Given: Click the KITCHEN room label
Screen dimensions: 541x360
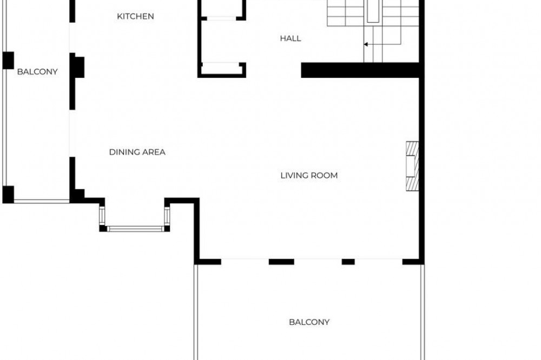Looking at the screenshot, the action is click(135, 16).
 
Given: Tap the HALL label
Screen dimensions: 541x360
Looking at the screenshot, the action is click(291, 38).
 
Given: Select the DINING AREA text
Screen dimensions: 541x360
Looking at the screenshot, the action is click(137, 152).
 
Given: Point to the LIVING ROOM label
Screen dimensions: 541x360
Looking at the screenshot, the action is click(309, 176).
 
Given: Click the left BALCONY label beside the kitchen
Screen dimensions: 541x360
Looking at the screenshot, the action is click(37, 72).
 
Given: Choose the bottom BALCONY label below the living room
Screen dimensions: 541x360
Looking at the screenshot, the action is click(309, 322).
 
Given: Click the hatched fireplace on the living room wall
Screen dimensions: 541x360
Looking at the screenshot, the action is click(412, 166).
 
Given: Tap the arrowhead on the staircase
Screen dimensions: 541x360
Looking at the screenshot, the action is click(365, 44).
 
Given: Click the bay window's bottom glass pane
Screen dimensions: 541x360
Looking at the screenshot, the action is click(135, 229).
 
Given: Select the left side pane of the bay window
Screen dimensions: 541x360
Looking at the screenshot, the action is click(102, 216).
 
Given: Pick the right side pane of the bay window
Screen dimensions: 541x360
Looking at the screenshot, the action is click(167, 216).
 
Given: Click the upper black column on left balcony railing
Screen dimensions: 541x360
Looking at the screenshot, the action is click(8, 61).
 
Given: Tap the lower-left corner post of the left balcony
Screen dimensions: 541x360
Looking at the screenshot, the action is click(8, 195).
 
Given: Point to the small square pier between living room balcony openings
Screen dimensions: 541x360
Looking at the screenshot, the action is click(348, 262).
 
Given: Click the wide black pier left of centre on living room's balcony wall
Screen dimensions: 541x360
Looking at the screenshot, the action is click(281, 262).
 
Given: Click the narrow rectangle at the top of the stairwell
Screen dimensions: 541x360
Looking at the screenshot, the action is click(373, 11).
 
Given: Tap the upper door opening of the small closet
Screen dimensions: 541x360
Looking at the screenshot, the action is click(221, 18).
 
